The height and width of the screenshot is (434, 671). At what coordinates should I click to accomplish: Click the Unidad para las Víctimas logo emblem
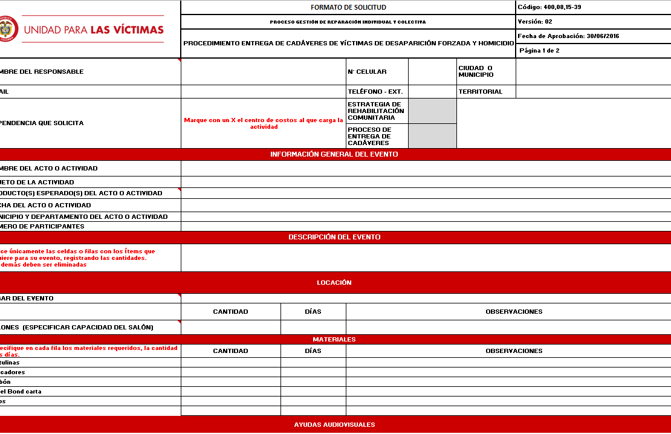[8, 29]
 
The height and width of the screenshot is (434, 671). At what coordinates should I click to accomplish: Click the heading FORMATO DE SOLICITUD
[348, 7]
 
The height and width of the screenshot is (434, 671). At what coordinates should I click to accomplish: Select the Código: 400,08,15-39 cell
[549, 7]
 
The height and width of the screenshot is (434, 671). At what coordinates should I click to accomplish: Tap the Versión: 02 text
[535, 22]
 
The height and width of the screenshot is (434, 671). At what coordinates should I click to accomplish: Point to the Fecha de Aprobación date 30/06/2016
[603, 36]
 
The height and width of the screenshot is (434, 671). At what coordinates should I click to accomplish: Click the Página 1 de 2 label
[539, 51]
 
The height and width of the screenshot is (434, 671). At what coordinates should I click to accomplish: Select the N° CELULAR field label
[367, 72]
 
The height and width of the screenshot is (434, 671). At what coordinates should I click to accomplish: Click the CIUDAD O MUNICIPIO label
[476, 71]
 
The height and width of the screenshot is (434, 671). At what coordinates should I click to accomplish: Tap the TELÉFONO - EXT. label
[375, 92]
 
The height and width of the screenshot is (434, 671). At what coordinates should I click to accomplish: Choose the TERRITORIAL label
[481, 92]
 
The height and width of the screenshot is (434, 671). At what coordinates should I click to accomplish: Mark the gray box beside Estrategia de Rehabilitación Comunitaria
[432, 111]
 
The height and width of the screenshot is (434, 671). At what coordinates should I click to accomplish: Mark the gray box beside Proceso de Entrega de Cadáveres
[432, 136]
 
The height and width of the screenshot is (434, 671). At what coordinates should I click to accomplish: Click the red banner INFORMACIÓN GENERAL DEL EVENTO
[334, 154]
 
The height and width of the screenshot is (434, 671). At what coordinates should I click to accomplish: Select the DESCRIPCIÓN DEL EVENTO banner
[334, 237]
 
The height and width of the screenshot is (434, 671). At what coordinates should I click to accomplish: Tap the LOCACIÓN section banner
[334, 282]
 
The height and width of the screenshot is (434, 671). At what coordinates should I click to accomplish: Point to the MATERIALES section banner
[334, 339]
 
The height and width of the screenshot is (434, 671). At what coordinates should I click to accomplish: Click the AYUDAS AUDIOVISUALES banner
[334, 424]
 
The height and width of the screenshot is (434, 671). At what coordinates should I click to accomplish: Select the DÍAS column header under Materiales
[313, 351]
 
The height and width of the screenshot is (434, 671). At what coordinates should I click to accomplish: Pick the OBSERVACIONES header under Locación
[514, 312]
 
